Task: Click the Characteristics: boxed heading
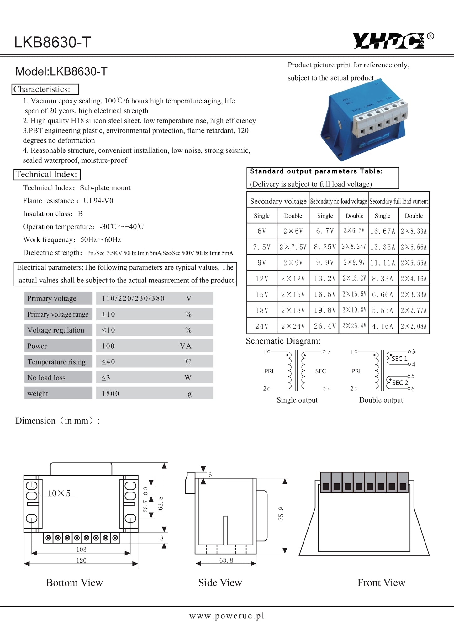(45, 89)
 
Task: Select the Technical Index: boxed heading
(47, 175)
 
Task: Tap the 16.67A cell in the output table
(383, 231)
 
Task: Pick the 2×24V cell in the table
(293, 326)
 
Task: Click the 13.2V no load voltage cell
(325, 279)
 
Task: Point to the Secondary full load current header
(399, 201)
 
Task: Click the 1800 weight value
(110, 394)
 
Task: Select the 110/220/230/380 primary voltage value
(133, 298)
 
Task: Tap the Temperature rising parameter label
(56, 362)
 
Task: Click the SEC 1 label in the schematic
(399, 359)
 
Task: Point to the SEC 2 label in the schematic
(400, 383)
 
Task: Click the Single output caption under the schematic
(297, 400)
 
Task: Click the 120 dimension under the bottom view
(81, 560)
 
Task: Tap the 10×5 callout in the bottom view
(59, 493)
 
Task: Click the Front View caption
(381, 583)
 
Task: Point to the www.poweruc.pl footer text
(227, 616)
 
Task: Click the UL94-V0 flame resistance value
(98, 201)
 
